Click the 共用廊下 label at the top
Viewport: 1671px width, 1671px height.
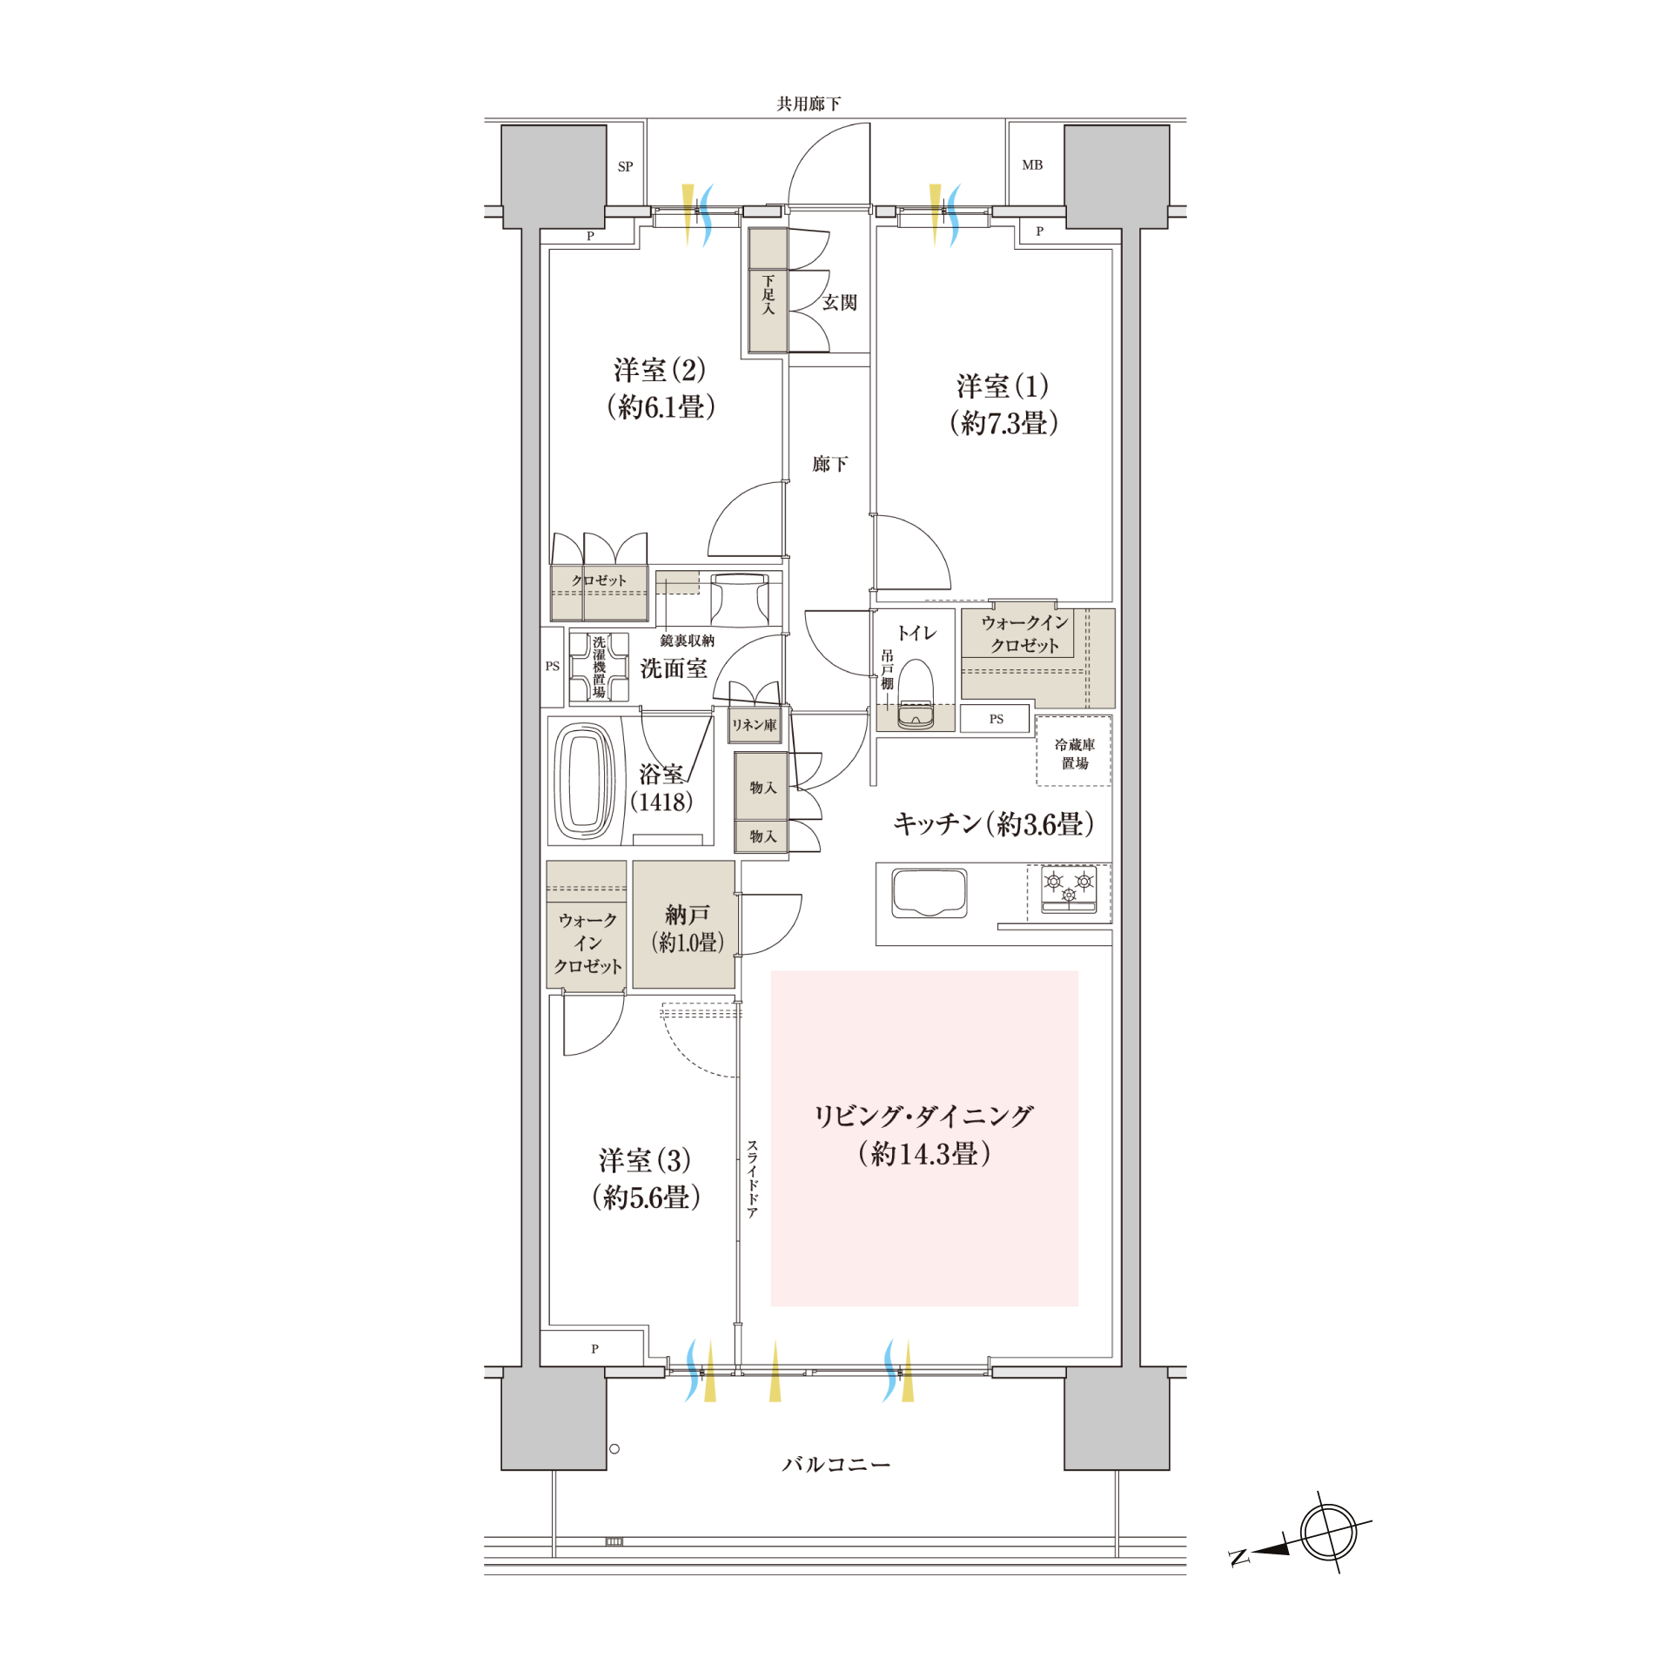[809, 104]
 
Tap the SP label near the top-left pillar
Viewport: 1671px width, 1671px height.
[625, 166]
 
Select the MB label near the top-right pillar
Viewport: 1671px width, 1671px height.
[1032, 164]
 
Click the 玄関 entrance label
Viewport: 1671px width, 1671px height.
[840, 302]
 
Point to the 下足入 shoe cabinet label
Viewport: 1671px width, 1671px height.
[768, 295]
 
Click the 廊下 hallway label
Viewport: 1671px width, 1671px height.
[829, 464]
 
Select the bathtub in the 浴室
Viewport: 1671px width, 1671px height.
[584, 781]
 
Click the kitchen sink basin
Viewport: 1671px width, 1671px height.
[929, 893]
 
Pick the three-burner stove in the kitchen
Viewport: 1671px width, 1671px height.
[1069, 890]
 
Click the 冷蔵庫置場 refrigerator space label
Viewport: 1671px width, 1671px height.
[1075, 754]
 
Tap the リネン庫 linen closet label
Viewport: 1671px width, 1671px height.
[754, 725]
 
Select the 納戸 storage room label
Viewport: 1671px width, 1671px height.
[688, 915]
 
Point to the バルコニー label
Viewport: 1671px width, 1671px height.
[835, 1465]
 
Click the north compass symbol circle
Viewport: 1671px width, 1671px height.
[1328, 1532]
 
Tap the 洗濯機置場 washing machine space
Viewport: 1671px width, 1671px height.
[599, 667]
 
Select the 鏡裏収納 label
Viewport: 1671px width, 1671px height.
[687, 641]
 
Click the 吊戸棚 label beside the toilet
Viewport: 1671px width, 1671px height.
[887, 669]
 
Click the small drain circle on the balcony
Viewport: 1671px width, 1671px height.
[614, 1449]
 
